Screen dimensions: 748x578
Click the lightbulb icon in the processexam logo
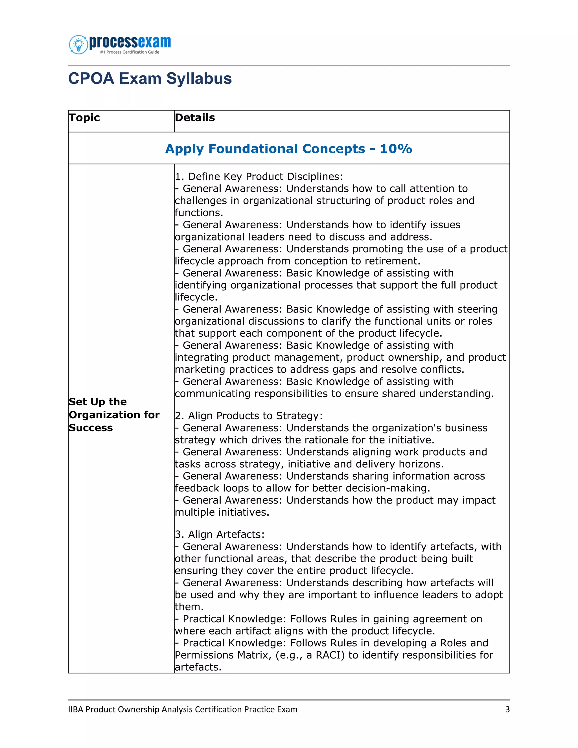coord(78,45)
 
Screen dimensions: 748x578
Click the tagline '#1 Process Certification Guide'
coord(130,52)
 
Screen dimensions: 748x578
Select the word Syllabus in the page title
coord(199,78)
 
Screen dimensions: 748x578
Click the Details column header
coord(195,117)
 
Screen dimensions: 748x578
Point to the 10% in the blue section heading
coord(396,149)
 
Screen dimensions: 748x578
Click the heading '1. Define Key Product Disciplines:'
coord(259,176)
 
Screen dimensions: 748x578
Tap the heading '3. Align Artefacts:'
coord(220,534)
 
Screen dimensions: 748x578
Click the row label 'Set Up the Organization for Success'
coord(114,414)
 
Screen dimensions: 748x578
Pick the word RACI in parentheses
coord(329,655)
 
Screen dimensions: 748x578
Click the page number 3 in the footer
coord(507,709)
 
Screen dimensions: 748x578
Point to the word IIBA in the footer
coord(76,709)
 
